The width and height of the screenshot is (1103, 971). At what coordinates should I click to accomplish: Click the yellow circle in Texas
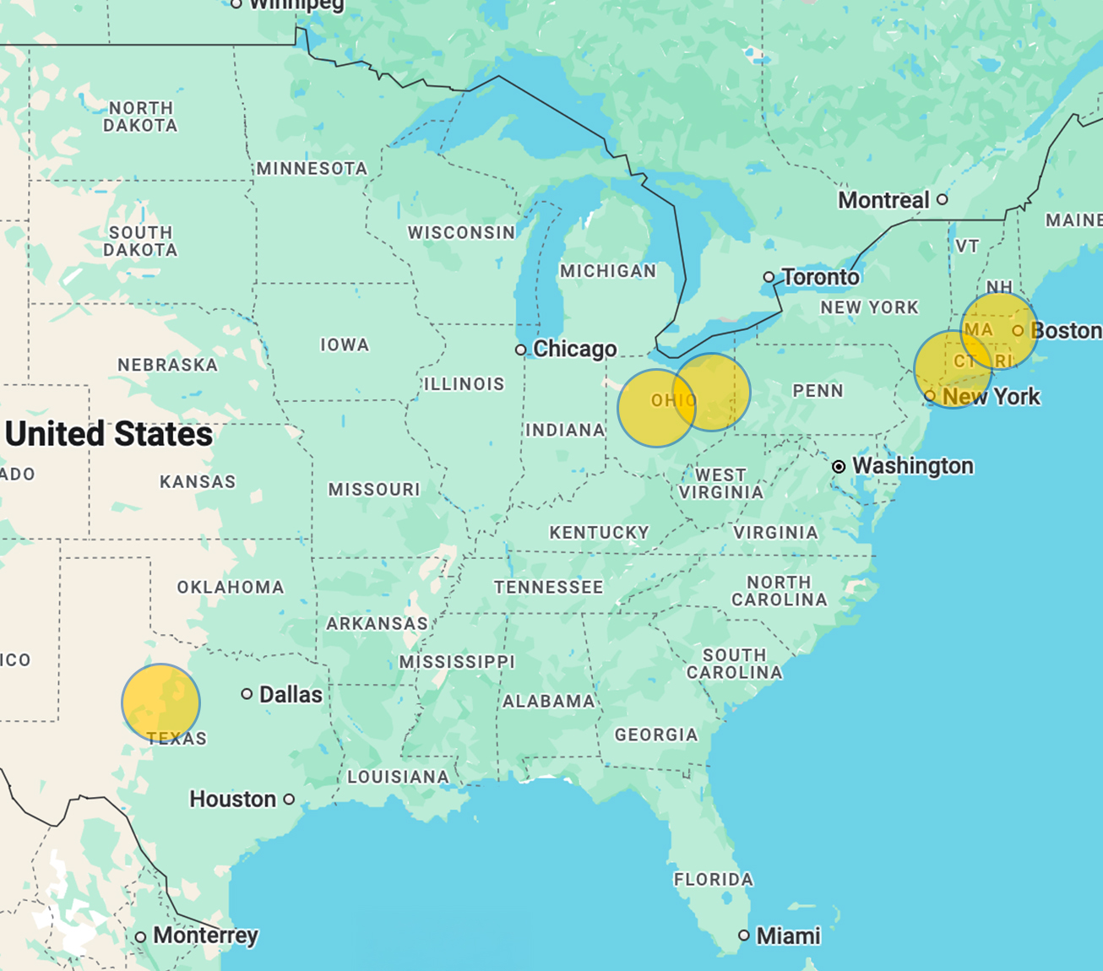[x=160, y=702]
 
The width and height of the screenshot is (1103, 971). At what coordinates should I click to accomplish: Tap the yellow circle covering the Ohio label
[x=656, y=407]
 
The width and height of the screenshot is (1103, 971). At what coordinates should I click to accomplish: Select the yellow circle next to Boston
[x=999, y=331]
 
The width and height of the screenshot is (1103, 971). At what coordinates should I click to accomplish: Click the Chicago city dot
[x=521, y=350]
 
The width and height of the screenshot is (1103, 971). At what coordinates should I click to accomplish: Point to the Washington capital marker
[x=839, y=467]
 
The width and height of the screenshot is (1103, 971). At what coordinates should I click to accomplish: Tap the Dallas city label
[x=291, y=695]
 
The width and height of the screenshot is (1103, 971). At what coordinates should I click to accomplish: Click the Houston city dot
[x=289, y=799]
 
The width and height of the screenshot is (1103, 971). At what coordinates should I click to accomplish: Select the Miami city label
[x=788, y=936]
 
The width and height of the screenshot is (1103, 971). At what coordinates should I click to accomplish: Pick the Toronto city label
[x=820, y=277]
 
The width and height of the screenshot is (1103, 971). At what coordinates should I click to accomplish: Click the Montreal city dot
[x=943, y=200]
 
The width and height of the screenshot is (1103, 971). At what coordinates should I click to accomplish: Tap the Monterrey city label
[x=205, y=936]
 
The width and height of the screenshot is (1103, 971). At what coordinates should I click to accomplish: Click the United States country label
[x=109, y=434]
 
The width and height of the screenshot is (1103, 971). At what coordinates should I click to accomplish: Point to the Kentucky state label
[x=599, y=533]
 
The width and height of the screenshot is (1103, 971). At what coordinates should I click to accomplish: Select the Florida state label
[x=713, y=879]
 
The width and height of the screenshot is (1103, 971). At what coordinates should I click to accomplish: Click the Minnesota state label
[x=312, y=169]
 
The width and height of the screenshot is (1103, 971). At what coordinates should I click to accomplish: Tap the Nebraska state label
[x=167, y=365]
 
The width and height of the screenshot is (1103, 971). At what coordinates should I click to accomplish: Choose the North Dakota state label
[x=140, y=117]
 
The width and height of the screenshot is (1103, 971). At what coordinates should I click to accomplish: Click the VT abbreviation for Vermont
[x=967, y=246]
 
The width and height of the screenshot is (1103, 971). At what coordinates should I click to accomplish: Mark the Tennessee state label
[x=548, y=587]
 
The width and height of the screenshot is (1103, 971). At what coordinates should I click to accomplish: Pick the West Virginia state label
[x=720, y=484]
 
